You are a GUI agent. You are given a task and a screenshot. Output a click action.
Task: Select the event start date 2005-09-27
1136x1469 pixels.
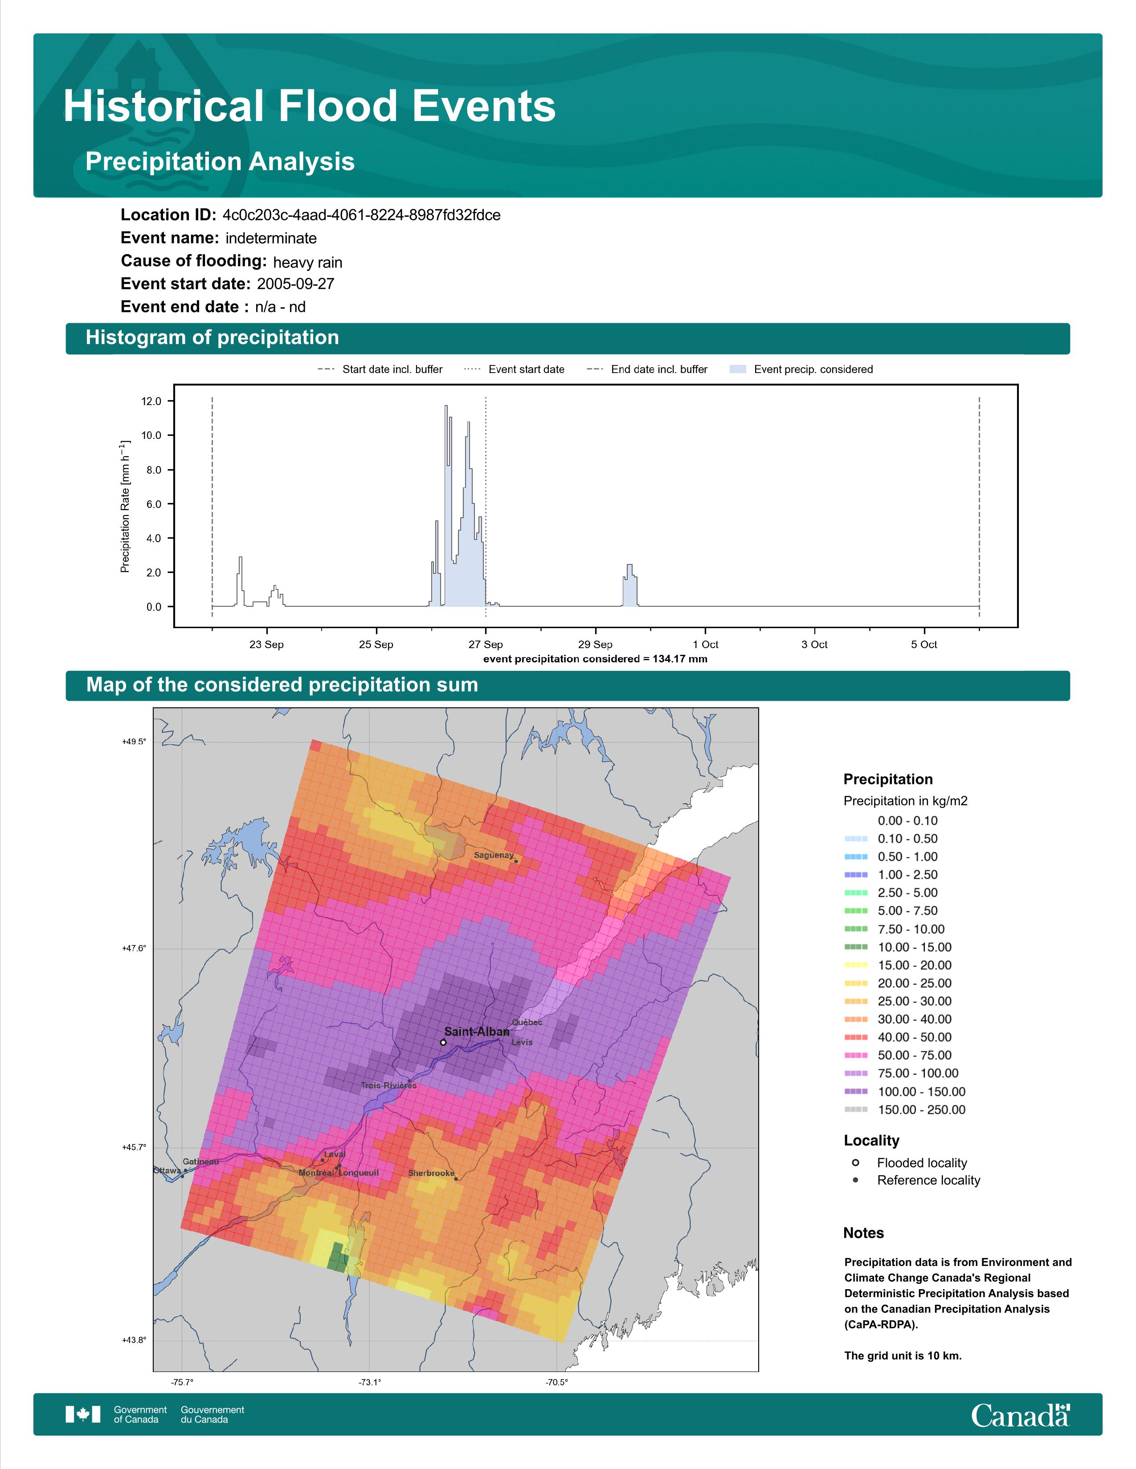pos(295,284)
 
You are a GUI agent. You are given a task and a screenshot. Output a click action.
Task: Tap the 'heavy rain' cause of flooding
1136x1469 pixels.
pos(307,262)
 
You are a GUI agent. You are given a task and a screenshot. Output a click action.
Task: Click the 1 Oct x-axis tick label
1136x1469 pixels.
pos(705,645)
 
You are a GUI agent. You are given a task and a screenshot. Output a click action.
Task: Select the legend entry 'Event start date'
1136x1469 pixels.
pos(514,369)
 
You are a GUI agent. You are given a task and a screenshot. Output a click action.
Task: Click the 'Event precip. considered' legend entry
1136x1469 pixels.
pos(801,369)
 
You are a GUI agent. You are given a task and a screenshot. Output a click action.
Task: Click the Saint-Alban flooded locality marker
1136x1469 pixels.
pos(443,1043)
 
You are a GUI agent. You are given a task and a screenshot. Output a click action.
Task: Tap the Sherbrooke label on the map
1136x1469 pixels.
pos(431,1173)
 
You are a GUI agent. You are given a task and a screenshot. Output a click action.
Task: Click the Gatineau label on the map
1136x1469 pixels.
pos(200,1161)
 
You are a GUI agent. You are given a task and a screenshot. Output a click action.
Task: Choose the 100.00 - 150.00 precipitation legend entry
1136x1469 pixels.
pos(904,1092)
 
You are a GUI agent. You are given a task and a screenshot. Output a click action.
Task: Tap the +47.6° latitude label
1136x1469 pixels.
pos(134,948)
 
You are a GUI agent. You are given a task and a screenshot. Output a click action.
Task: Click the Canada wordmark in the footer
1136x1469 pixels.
pos(1020,1415)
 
